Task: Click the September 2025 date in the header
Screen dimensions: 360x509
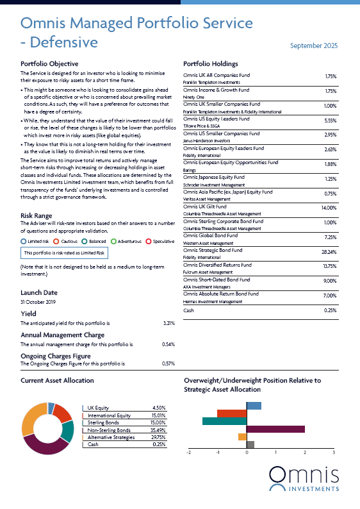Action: pyautogui.click(x=314, y=46)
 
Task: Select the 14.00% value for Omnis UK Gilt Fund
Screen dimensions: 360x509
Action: pyautogui.click(x=329, y=208)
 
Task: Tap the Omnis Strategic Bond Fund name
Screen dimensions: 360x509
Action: pyautogui.click(x=213, y=250)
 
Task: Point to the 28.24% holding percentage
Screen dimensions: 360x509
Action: pyautogui.click(x=329, y=252)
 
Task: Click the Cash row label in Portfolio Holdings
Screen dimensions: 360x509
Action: pyautogui.click(x=188, y=310)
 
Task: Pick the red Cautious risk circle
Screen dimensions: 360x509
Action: pyautogui.click(x=56, y=241)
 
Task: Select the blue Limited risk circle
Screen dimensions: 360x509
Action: pyautogui.click(x=23, y=241)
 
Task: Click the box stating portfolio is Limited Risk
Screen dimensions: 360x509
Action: pyautogui.click(x=64, y=253)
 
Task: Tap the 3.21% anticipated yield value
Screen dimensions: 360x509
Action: pyautogui.click(x=169, y=323)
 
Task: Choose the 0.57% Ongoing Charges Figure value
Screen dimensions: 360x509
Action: pyautogui.click(x=168, y=363)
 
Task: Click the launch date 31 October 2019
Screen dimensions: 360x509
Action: pyautogui.click(x=38, y=302)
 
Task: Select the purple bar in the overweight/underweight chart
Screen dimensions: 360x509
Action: pyautogui.click(x=275, y=429)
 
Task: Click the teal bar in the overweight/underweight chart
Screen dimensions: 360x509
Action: pyautogui.click(x=224, y=421)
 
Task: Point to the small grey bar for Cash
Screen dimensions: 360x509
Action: pyautogui.click(x=250, y=445)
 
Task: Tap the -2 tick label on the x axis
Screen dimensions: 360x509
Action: pyautogui.click(x=188, y=453)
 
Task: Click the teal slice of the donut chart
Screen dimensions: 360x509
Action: pyautogui.click(x=68, y=431)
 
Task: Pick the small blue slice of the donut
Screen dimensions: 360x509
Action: pyautogui.click(x=51, y=408)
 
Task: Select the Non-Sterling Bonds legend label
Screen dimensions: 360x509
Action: pyautogui.click(x=109, y=430)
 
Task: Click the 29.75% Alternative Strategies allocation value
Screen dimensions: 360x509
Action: pyautogui.click(x=159, y=437)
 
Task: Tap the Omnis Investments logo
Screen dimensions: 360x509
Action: pyautogui.click(x=304, y=479)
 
